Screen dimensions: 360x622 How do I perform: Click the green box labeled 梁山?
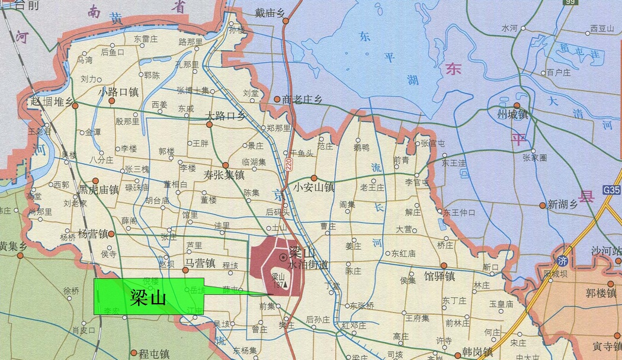click(148, 296)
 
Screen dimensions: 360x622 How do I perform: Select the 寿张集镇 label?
click(224, 175)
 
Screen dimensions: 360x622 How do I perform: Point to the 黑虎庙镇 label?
click(99, 190)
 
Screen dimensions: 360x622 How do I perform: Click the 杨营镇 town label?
click(93, 234)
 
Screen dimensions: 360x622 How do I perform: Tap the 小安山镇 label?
click(314, 187)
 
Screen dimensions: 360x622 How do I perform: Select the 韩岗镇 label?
click(477, 352)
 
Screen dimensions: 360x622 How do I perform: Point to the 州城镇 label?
click(513, 114)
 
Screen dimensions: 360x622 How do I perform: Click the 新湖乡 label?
click(562, 204)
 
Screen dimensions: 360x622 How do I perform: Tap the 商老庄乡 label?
click(302, 99)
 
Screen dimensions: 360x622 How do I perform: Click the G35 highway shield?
click(613, 190)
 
